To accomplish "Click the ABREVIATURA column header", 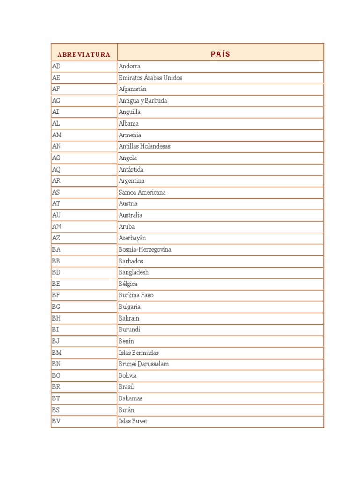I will pos(84,54).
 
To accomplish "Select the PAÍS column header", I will pos(220,54).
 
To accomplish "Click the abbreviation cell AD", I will pos(57,66).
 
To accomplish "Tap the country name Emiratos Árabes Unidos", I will pos(150,78).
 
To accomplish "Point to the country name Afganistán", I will pos(133,89).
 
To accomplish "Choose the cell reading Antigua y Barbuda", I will pos(143,100).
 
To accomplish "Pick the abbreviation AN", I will pos(57,146).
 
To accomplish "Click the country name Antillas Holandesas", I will pos(144,146).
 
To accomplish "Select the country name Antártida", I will pos(131,169).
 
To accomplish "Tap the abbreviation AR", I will pos(57,180).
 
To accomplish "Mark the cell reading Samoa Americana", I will pos(142,192).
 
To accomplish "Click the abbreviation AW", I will pos(57,226).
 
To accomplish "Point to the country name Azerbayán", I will pos(132,238).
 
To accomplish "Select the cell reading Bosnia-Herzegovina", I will pos(145,249).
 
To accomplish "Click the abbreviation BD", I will pos(56,272).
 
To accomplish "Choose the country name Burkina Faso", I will pos(136,295).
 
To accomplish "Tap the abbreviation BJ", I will pos(56,341).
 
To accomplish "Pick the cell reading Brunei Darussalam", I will pos(144,364).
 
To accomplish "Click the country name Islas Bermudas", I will pos(139,352).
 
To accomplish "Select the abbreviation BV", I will pos(56,421).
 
